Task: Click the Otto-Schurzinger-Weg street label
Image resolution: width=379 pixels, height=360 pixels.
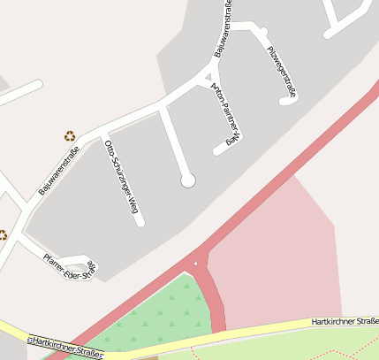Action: coord(122,177)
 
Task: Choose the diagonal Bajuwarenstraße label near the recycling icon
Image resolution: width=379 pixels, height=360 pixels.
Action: coord(59,170)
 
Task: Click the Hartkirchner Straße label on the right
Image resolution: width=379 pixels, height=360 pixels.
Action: coord(345,322)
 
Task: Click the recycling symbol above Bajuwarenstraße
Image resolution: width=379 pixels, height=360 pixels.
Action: coord(69,136)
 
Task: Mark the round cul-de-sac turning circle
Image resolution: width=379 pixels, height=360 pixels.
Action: coord(187,180)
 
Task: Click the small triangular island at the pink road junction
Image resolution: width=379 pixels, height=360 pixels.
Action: coord(195,263)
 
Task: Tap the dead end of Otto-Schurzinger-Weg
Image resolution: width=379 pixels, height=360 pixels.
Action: coord(140,223)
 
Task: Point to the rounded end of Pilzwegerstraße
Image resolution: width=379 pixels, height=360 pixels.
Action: coord(285,101)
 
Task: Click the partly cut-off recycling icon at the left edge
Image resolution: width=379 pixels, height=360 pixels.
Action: coord(3,234)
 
